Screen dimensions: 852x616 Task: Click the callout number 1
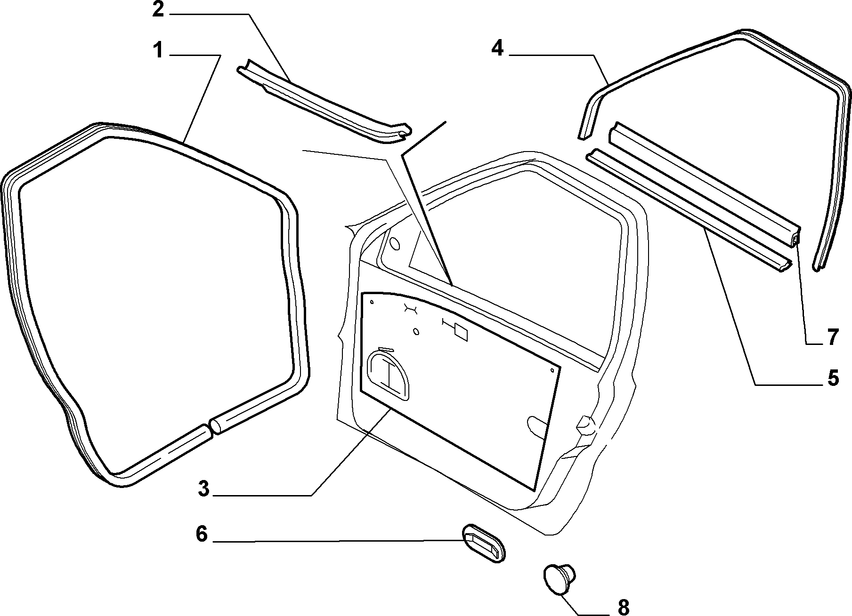158,50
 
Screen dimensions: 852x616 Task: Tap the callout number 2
158,9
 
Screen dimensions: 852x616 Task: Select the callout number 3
203,489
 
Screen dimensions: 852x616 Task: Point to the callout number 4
497,48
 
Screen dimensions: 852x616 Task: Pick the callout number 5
833,378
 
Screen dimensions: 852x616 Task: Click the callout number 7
833,337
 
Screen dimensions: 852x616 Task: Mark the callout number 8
623,608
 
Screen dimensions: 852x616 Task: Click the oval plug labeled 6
483,543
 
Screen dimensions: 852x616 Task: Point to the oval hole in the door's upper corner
396,244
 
